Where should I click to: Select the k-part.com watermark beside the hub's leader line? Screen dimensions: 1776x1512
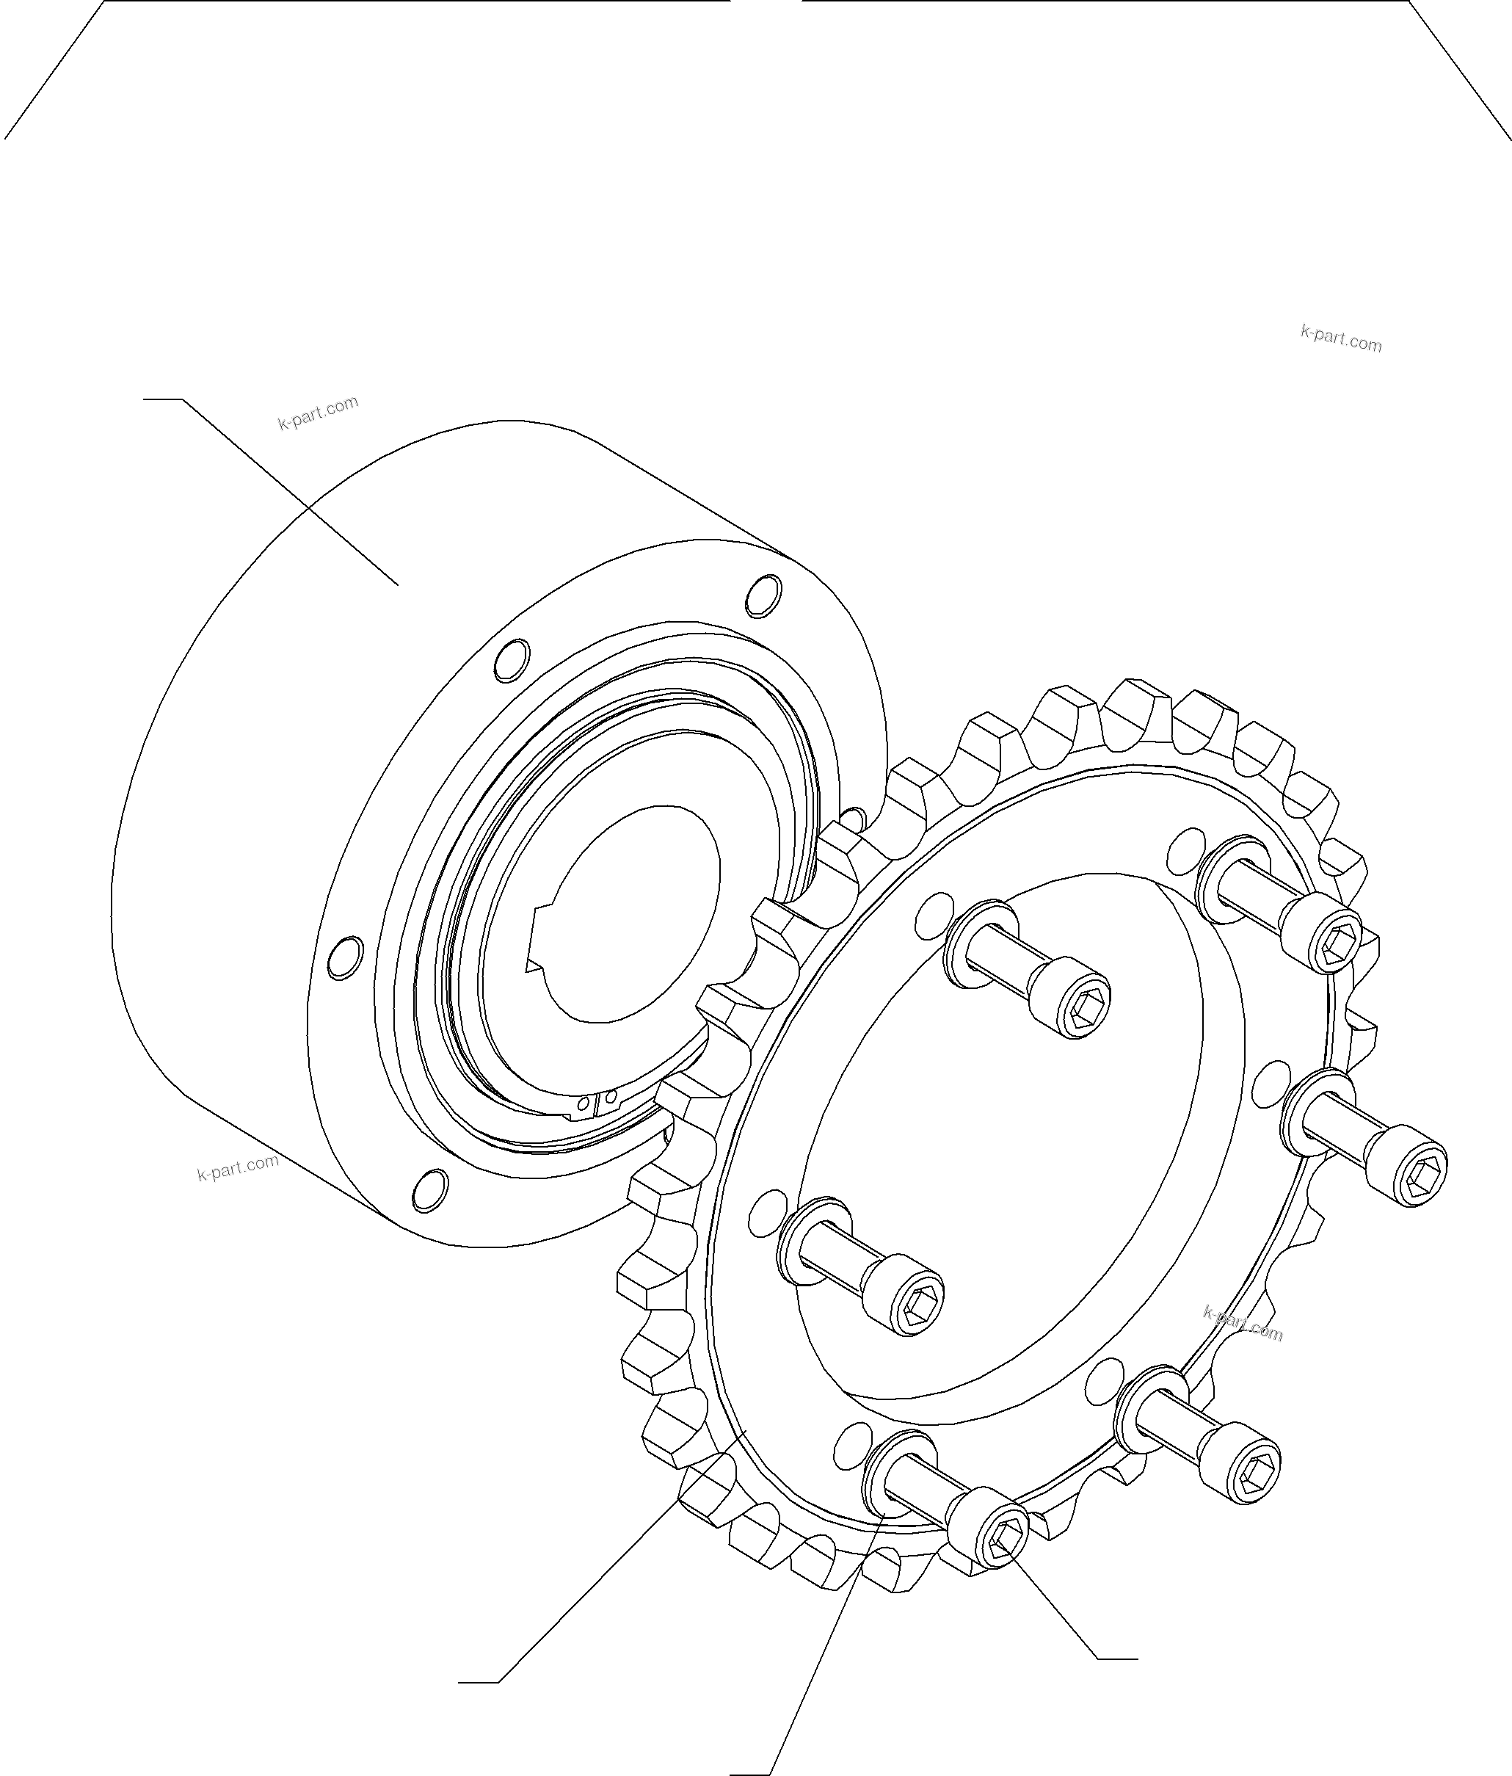click(x=318, y=413)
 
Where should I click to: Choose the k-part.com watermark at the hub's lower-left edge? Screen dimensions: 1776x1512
click(x=237, y=1167)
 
